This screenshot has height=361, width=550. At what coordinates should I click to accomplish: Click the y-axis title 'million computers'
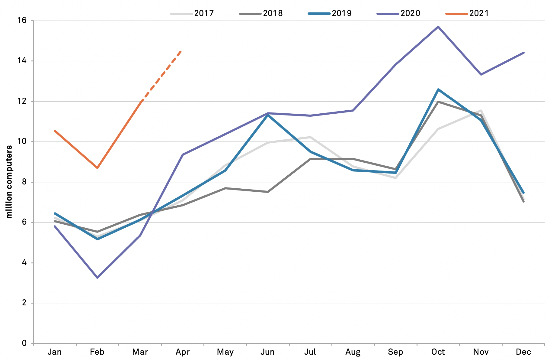(x=9, y=182)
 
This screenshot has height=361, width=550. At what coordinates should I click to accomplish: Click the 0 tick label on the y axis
(x=24, y=343)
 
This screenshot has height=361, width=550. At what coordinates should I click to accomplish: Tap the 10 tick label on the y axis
(x=22, y=142)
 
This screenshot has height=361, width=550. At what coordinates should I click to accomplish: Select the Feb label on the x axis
(x=97, y=352)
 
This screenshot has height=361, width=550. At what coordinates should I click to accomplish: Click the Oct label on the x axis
(x=438, y=352)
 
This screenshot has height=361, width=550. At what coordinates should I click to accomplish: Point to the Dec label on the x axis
(x=523, y=352)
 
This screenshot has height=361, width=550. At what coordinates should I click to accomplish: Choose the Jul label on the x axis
(x=310, y=352)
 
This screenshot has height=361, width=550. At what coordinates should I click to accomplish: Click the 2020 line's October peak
(x=438, y=27)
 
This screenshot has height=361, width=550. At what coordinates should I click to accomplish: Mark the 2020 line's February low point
(x=97, y=278)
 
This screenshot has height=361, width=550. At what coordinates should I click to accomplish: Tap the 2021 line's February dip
(x=97, y=168)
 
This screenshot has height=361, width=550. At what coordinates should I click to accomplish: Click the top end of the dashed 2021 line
(x=181, y=51)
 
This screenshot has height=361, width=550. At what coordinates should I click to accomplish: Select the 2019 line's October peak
(x=438, y=89)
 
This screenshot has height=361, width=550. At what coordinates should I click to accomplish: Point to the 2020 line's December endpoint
(x=523, y=53)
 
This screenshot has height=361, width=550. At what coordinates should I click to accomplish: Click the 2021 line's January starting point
(x=55, y=131)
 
